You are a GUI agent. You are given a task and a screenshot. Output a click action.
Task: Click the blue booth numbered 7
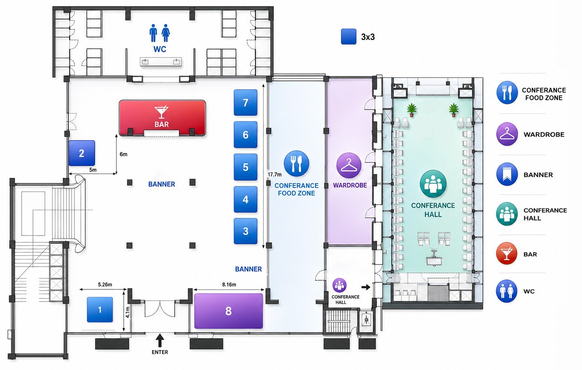246,103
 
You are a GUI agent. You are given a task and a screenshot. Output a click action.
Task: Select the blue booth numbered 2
82,153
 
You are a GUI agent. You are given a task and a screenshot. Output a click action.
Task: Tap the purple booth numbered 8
229,311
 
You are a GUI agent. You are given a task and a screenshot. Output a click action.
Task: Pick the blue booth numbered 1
100,310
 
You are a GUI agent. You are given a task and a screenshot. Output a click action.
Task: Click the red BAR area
162,118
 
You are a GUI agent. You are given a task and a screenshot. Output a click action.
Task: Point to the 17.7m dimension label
275,175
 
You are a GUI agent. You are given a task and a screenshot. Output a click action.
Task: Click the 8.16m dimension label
229,285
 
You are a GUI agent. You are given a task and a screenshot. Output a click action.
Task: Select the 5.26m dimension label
105,285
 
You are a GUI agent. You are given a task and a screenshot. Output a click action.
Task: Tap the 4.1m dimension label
128,313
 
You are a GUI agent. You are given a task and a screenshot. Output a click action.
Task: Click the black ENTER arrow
160,340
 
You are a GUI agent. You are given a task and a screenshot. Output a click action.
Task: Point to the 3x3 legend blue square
348,36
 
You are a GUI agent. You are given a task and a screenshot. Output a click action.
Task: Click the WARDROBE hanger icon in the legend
507,134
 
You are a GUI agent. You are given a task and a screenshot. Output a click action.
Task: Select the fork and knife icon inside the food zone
297,164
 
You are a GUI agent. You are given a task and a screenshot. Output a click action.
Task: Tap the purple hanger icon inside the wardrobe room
349,165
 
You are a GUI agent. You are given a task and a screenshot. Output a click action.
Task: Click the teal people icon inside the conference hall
433,184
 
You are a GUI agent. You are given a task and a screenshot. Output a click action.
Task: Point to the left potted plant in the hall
412,110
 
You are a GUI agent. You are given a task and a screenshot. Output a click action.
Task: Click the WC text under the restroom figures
160,49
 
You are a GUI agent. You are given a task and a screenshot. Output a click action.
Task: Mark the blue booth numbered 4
246,199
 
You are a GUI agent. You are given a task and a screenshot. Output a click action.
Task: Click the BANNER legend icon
507,174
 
